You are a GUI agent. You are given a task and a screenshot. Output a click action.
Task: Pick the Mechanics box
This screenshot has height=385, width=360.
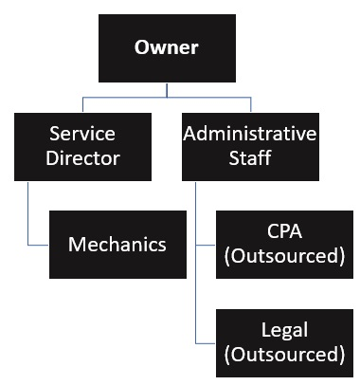coord(117,245)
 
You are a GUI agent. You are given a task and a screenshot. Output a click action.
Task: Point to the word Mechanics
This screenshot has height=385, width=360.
coord(117,245)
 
